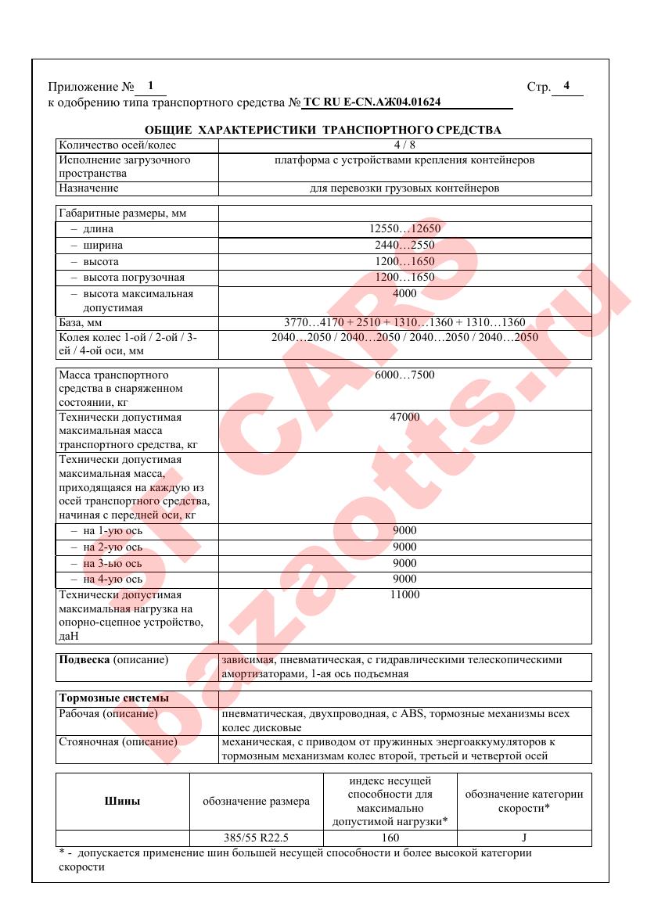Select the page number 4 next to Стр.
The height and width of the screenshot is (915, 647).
(566, 86)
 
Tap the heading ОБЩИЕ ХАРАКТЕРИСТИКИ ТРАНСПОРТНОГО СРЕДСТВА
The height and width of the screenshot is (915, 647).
(323, 130)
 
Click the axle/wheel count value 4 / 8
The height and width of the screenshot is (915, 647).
(404, 145)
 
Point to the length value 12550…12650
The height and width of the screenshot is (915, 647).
(404, 229)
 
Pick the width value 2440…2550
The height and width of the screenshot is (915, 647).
(404, 246)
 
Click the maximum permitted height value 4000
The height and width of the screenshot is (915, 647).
(404, 294)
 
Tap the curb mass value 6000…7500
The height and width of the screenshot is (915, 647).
(404, 375)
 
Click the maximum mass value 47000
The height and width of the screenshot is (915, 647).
(404, 418)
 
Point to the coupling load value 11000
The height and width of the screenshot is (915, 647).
(404, 596)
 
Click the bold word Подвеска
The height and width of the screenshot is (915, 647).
(84, 660)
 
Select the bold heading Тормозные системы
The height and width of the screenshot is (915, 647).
(102, 698)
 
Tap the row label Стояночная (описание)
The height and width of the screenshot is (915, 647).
(118, 741)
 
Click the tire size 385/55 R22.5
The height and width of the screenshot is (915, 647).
(257, 838)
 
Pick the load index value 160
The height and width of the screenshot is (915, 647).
(390, 838)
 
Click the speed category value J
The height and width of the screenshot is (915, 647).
(524, 838)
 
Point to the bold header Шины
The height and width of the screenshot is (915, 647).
(123, 801)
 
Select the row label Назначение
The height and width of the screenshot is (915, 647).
(88, 188)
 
